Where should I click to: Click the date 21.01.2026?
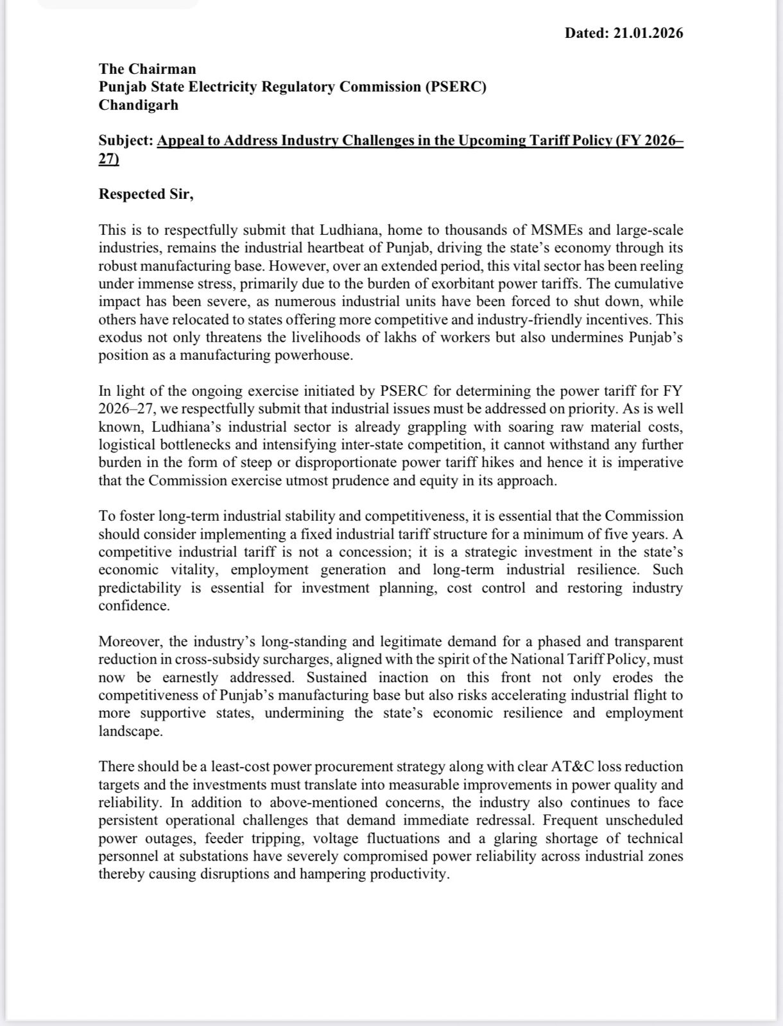(x=648, y=33)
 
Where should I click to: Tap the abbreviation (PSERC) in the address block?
(x=455, y=87)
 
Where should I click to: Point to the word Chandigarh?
(x=138, y=105)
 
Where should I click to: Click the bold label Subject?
(x=126, y=140)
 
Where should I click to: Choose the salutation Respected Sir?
(x=146, y=194)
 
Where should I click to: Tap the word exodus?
(x=120, y=337)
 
